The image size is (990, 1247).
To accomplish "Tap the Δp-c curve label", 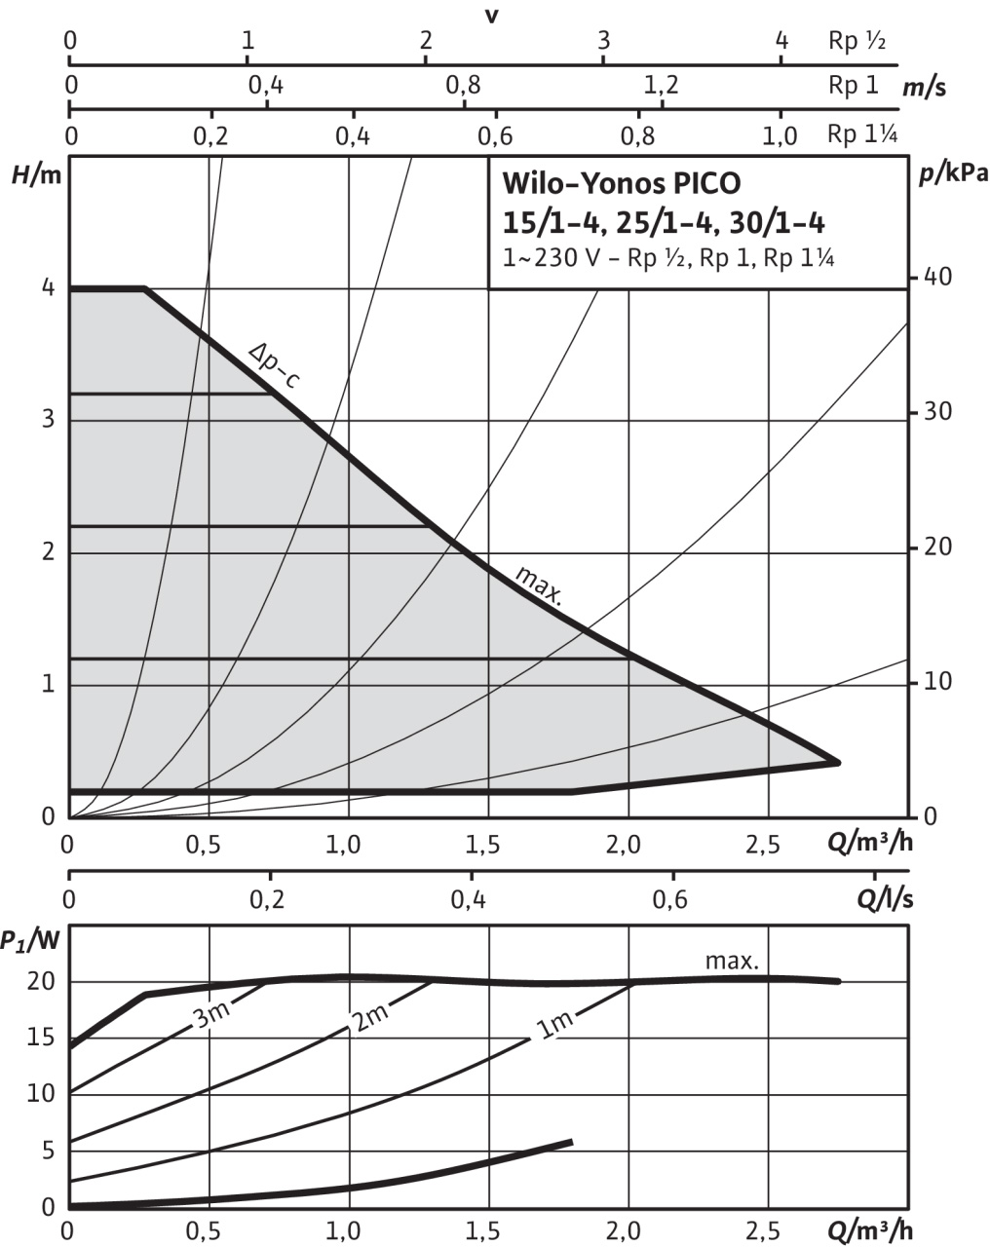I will pos(273,364).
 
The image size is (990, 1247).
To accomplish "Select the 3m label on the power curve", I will pos(211,1016).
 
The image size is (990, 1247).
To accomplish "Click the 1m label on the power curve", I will pos(553,1027).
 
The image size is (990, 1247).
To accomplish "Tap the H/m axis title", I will pos(30,175).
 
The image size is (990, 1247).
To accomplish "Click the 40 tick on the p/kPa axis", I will pos(936,279).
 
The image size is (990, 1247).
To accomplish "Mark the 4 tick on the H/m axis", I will pos(47,289).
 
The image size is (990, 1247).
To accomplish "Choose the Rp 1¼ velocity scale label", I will pos(861,134).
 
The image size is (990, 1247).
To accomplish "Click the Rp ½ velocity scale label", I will pos(857,41).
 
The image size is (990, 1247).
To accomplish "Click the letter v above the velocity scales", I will pos(492,16).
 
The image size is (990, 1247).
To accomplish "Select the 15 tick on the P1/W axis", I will pos(41,1038).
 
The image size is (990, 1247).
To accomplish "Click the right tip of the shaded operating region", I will pos(838,762).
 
